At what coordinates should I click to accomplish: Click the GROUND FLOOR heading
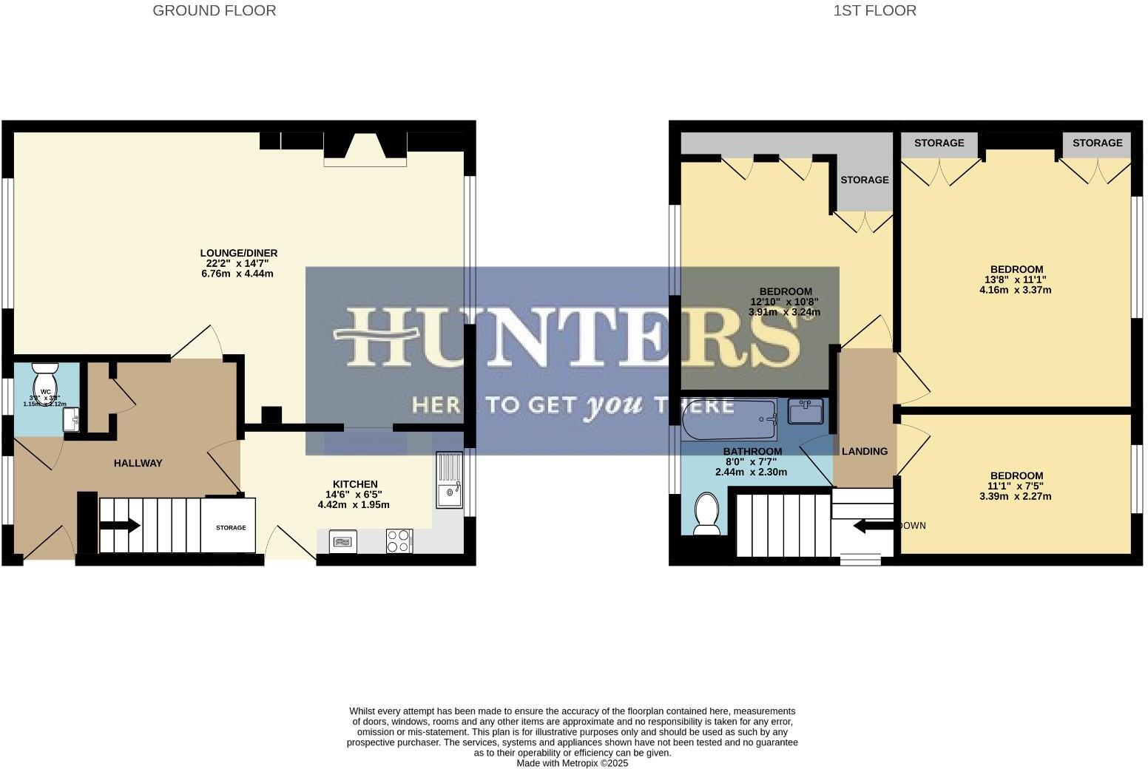[214, 10]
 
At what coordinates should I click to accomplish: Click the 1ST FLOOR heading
[874, 10]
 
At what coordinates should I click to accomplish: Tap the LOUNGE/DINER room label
[238, 253]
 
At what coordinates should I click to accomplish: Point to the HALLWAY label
[138, 463]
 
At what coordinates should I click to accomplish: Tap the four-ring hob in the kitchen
[399, 541]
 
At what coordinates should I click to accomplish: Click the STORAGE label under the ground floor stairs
[231, 528]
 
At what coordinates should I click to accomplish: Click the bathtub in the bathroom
[729, 419]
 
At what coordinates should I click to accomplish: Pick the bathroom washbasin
[806, 411]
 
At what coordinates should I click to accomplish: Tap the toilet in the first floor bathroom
[706, 514]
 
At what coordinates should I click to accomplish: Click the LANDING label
[865, 451]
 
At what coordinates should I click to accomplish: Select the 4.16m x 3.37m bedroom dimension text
[1015, 290]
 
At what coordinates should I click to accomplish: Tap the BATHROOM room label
[752, 451]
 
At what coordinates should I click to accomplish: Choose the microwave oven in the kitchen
[341, 541]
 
